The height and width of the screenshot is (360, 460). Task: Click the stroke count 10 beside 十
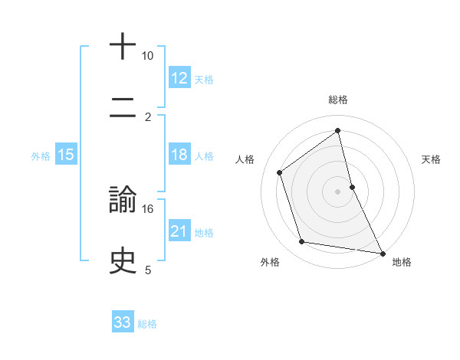[x=148, y=56]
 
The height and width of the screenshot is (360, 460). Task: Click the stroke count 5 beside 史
[x=148, y=270]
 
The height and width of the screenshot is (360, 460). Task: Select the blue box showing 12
[x=179, y=78]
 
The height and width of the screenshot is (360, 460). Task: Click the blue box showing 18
[x=179, y=155]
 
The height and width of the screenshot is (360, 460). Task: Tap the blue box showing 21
[x=179, y=231]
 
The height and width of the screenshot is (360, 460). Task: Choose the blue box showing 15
[x=66, y=155]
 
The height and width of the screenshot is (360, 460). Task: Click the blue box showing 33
[x=123, y=322]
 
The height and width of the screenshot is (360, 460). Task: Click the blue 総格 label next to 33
[x=147, y=324]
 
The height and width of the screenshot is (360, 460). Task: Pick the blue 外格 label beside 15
[x=41, y=156]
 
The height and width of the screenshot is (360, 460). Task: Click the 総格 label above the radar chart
[x=338, y=100]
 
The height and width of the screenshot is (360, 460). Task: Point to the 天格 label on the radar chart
[x=431, y=159]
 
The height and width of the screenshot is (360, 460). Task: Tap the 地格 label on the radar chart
[x=402, y=262]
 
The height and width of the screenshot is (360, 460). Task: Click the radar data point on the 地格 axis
[x=382, y=252]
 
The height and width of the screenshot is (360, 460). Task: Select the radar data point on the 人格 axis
[x=280, y=172]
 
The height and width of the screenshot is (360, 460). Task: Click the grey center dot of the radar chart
[x=338, y=191]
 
